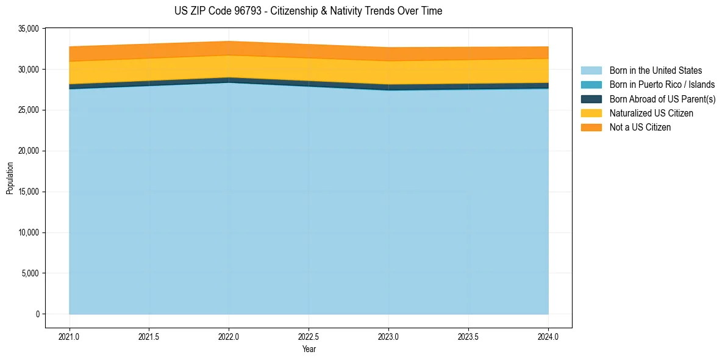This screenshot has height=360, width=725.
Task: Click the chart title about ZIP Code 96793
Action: click(308, 11)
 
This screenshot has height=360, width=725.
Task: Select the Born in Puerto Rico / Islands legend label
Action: click(662, 85)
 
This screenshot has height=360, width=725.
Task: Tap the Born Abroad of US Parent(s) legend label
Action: click(662, 99)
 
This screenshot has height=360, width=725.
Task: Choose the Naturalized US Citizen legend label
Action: click(651, 113)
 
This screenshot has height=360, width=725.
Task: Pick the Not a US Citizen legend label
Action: click(640, 127)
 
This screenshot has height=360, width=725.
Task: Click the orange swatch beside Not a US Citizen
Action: click(591, 127)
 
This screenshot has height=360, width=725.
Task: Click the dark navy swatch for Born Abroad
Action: click(591, 99)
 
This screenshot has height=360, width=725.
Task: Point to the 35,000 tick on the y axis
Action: click(29, 29)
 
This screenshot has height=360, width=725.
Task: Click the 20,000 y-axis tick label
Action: click(29, 151)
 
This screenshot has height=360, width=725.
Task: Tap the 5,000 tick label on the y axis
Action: click(30, 273)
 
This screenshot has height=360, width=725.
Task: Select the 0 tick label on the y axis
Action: click(37, 314)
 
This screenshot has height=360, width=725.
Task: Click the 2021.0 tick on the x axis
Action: click(70, 336)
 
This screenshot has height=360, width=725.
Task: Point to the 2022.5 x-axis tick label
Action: click(309, 336)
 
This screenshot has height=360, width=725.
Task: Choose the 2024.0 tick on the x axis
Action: click(548, 336)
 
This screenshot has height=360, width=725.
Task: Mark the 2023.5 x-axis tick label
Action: click(468, 336)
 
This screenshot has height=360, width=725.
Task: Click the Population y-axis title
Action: click(10, 178)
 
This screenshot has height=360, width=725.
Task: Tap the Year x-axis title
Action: click(309, 349)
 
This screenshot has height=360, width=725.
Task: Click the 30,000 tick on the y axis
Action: click(29, 70)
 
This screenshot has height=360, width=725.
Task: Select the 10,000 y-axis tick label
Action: click(29, 232)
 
